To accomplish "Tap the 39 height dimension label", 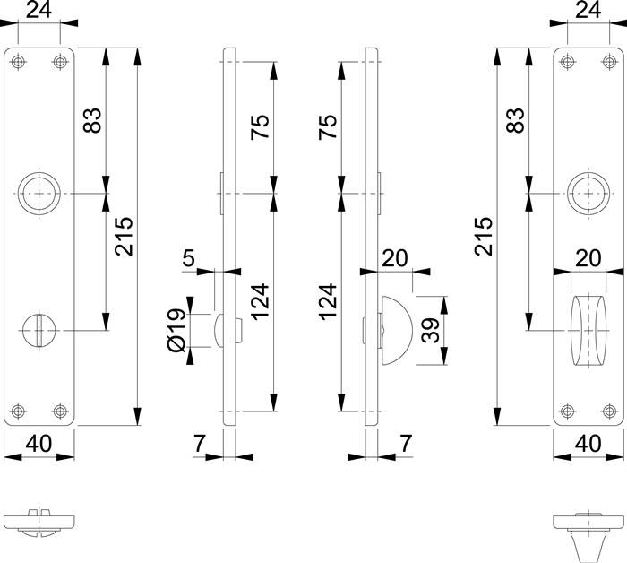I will pos(431,331).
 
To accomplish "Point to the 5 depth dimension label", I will pos(189,258).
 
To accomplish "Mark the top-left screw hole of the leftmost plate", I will pos(19,61).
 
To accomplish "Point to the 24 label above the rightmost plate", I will pos(588,12).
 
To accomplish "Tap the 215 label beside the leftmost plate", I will pos(124,236).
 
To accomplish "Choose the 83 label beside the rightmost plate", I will pos(514,120).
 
